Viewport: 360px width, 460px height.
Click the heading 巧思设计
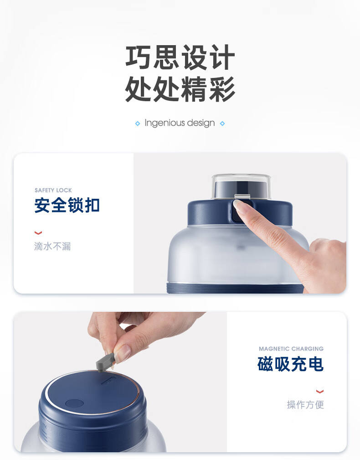click(180, 57)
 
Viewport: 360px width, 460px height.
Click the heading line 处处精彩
click(180, 89)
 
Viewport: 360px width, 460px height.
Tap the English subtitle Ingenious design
click(180, 123)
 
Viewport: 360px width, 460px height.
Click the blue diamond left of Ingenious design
click(138, 124)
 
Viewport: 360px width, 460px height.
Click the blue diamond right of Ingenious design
click(222, 124)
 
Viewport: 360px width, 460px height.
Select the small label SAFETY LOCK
click(53, 190)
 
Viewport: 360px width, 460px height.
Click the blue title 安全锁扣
click(67, 205)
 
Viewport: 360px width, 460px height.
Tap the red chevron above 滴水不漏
click(38, 233)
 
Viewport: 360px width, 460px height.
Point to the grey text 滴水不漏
click(52, 246)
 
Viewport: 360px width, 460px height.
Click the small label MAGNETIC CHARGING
click(291, 348)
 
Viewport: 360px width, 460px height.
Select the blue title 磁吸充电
click(291, 364)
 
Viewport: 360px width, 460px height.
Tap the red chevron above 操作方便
click(320, 391)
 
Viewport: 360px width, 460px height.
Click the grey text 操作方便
click(305, 404)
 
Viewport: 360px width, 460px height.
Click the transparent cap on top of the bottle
click(241, 186)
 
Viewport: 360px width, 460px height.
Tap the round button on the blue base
click(74, 403)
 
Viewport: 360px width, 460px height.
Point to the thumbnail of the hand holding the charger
click(123, 352)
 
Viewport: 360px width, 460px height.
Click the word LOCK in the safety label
click(64, 190)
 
